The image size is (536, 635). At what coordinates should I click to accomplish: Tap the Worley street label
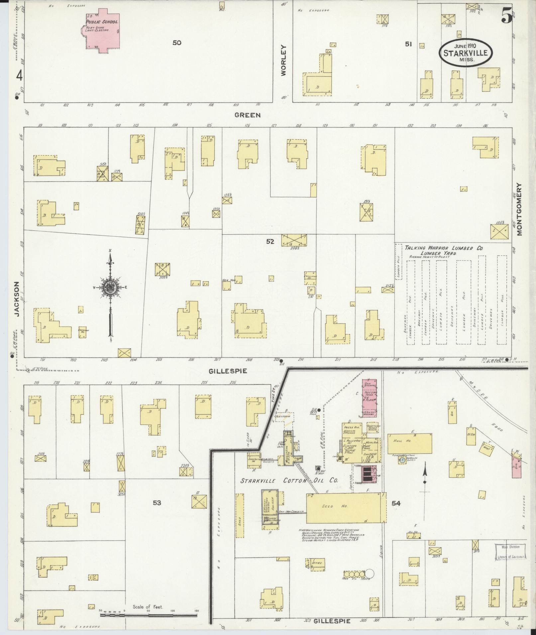[283, 60]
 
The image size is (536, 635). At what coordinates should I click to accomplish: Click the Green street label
[247, 115]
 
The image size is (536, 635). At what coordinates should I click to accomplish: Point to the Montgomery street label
[519, 209]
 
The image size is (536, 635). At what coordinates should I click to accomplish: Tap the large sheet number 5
[506, 15]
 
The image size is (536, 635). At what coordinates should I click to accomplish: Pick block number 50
[177, 42]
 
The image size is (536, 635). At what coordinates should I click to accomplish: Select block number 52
[270, 242]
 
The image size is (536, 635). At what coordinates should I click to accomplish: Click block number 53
[157, 503]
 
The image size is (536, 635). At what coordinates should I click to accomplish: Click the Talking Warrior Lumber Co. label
[444, 248]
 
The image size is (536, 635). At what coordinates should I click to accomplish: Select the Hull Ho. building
[410, 443]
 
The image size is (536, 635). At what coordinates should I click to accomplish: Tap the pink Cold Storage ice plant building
[369, 398]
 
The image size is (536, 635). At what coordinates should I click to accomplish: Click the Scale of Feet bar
[149, 615]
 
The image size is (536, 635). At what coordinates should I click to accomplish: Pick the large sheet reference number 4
[19, 76]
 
